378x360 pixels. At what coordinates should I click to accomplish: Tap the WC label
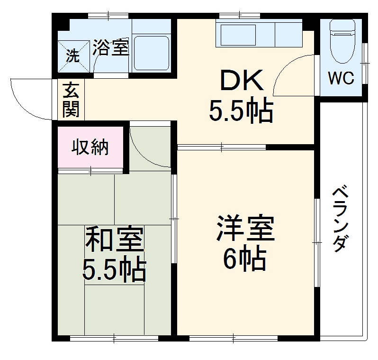click(342, 79)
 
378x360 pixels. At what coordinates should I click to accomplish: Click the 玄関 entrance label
click(72, 100)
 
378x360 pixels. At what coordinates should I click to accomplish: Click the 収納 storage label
click(90, 148)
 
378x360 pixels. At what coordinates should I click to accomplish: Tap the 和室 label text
click(114, 240)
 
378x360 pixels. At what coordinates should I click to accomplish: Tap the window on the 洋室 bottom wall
click(233, 339)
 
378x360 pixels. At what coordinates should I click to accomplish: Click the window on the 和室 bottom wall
click(114, 339)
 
